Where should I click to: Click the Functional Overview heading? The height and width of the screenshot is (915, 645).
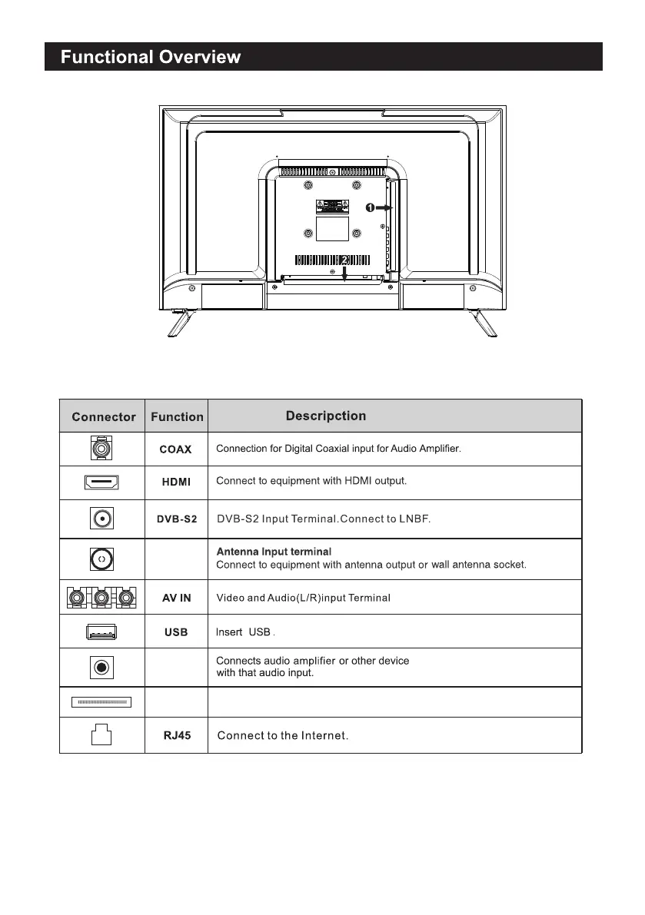coord(151,58)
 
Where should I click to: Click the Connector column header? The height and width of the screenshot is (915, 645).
coord(103,417)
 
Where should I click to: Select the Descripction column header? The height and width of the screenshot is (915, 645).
coord(326,416)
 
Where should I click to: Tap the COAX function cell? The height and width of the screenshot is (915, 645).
coord(175,449)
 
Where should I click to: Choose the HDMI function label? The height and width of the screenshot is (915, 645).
coord(176,482)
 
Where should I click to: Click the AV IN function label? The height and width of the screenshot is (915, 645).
coord(176,598)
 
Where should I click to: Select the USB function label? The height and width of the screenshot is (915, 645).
coord(176,633)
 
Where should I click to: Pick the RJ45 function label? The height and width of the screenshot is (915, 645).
coord(176,735)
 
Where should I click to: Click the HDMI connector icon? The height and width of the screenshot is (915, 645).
coord(101,482)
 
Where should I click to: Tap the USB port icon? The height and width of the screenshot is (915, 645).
coord(101,632)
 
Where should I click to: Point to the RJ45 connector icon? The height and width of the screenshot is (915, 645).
coord(101,735)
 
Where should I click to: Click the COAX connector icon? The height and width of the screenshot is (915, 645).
coord(101,448)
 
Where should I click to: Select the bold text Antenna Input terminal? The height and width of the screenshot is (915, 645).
coord(274,552)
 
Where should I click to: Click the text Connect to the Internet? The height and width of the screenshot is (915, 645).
coord(283,737)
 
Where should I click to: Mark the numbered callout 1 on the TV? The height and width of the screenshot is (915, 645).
coord(369,207)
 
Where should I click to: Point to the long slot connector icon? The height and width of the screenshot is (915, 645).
coord(101,701)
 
